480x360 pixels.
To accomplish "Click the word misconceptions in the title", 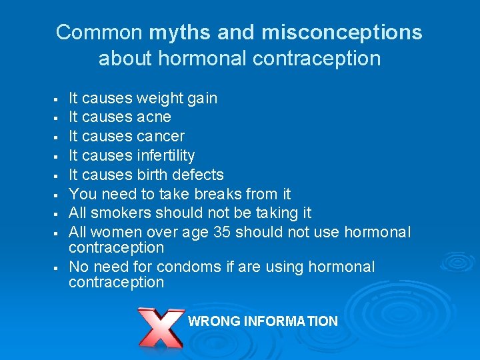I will click(342, 32).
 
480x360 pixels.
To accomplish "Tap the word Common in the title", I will click(99, 32).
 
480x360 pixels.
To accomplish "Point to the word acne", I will click(154, 117).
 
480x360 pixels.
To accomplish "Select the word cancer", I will click(161, 137).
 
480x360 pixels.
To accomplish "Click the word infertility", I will click(165, 156).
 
